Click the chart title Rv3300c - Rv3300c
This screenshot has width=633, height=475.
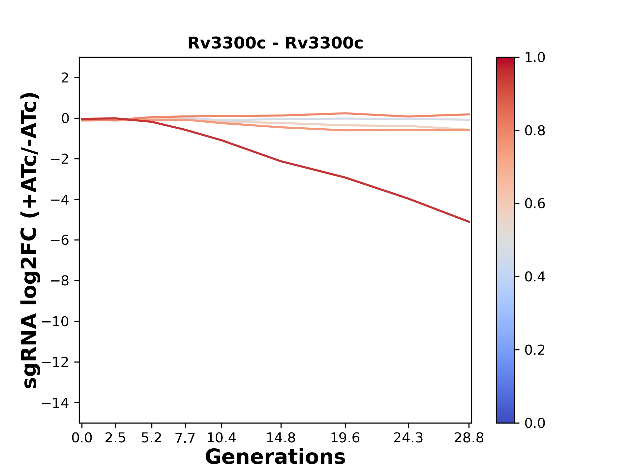(x=275, y=43)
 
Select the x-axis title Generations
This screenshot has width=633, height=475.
(x=275, y=457)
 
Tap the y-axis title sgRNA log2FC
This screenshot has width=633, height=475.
(x=30, y=240)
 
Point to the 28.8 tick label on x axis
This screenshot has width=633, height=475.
(x=469, y=438)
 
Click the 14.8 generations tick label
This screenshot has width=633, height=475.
(x=281, y=438)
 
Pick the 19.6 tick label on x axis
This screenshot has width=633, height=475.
(x=345, y=438)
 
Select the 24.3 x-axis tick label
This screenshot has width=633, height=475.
(x=408, y=438)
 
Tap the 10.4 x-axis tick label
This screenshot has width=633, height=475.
(x=221, y=438)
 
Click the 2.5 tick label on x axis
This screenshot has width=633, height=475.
(x=115, y=438)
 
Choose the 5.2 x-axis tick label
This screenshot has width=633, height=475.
(x=151, y=438)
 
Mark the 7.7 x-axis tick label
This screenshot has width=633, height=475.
(x=185, y=438)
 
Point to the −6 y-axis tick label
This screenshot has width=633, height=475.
(x=60, y=240)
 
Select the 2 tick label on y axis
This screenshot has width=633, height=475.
(x=65, y=78)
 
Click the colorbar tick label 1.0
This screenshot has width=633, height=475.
(x=535, y=58)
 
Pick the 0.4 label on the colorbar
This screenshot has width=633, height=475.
(x=535, y=277)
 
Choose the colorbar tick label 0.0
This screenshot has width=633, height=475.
(x=535, y=423)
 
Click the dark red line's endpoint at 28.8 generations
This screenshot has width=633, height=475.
(x=469, y=222)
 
